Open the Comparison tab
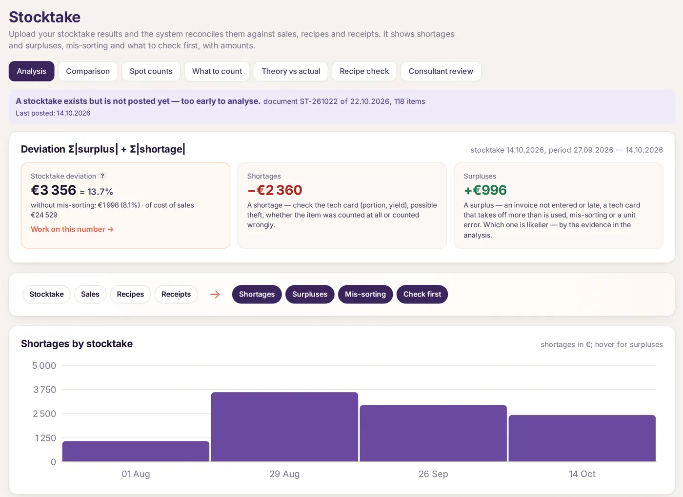[x=88, y=71]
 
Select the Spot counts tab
[x=151, y=71]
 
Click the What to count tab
[x=217, y=71]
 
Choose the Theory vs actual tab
[x=291, y=71]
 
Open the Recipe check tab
[x=364, y=71]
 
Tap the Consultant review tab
[x=441, y=71]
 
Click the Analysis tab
[x=31, y=71]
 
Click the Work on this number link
[x=72, y=229]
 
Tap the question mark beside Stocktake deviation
[x=102, y=176]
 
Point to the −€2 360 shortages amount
[x=275, y=190]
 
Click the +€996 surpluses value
[x=485, y=190]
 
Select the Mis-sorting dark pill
[x=365, y=294]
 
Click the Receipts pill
[x=176, y=294]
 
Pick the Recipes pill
[x=130, y=294]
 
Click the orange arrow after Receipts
[x=215, y=294]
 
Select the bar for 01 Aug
[x=136, y=451]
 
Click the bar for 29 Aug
[x=284, y=427]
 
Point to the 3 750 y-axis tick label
[x=44, y=390]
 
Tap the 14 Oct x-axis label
[x=582, y=474]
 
